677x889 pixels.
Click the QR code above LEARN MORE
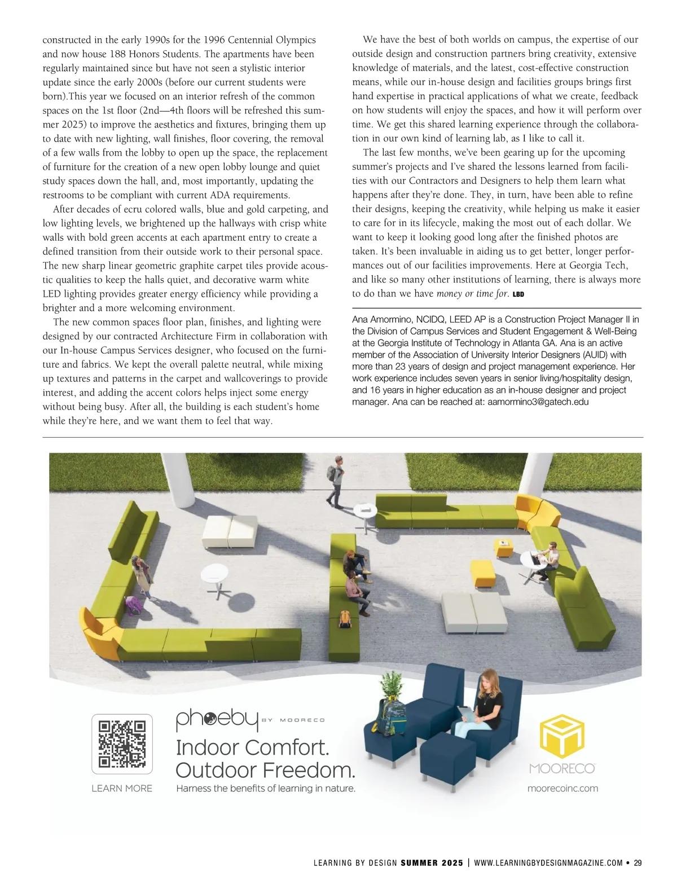tap(122, 744)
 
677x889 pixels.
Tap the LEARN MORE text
tap(122, 788)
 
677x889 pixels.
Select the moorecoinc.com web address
tap(562, 788)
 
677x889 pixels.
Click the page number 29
tap(638, 862)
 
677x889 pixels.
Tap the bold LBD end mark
tap(518, 294)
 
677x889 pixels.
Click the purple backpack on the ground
tap(134, 605)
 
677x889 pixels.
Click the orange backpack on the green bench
tap(345, 619)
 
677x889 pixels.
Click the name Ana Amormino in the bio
tap(384, 320)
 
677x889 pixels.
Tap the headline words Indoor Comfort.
tap(252, 747)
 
